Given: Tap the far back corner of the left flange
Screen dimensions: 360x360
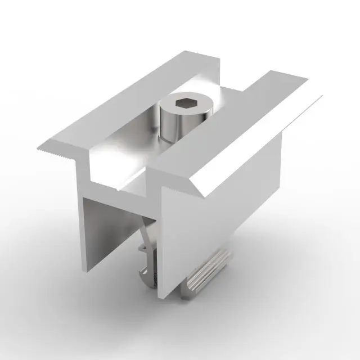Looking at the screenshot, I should (184, 52).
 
